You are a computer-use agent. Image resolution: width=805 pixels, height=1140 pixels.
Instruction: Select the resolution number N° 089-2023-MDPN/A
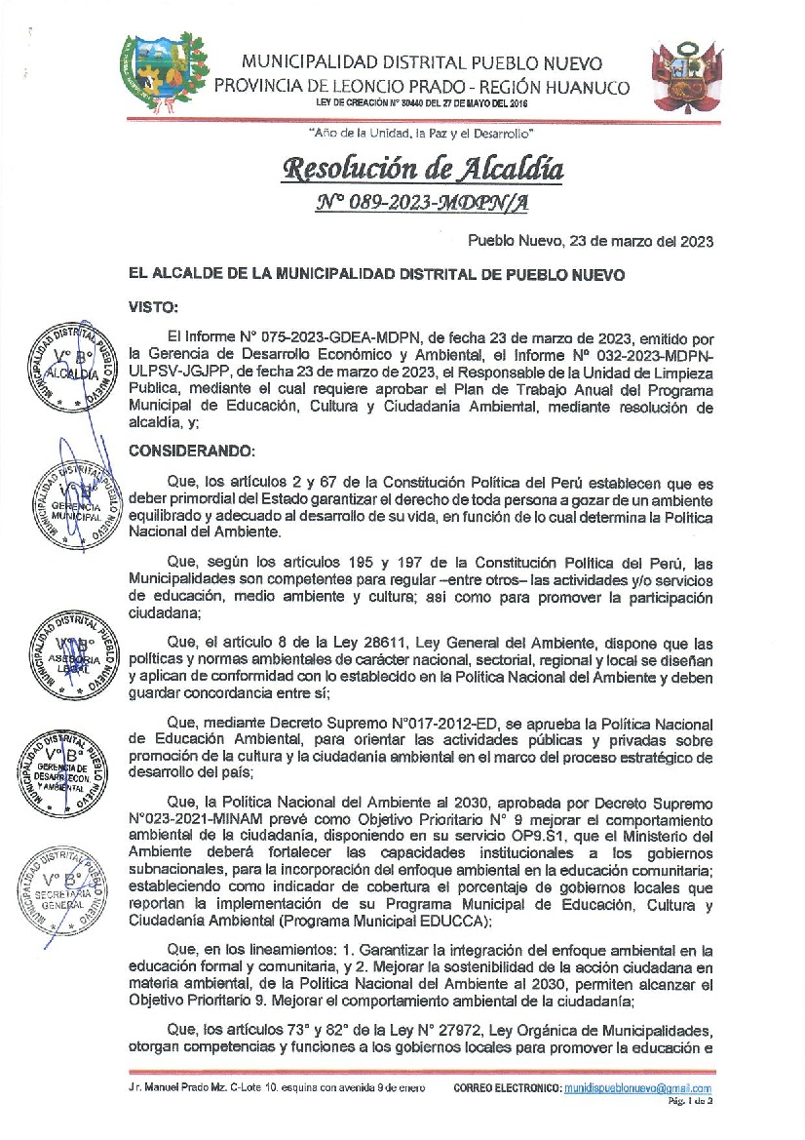(x=421, y=203)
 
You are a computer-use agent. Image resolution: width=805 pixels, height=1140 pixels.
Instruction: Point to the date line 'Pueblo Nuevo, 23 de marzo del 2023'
(x=591, y=241)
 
